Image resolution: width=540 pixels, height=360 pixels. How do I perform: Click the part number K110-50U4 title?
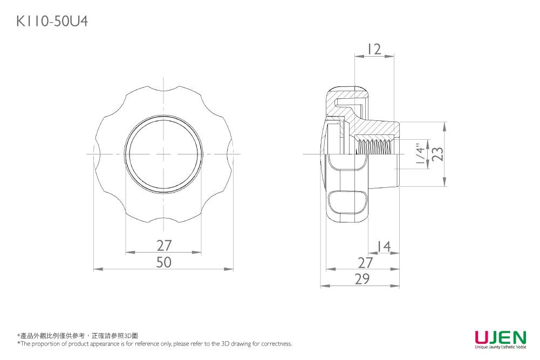pyautogui.click(x=52, y=21)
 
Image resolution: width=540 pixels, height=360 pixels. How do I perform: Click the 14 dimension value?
pyautogui.click(x=383, y=247)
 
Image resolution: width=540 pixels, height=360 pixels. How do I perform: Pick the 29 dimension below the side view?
pyautogui.click(x=362, y=279)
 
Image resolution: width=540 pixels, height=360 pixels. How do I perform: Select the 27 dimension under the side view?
pyautogui.click(x=366, y=263)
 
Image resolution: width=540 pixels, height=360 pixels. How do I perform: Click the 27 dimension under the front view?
pyautogui.click(x=164, y=246)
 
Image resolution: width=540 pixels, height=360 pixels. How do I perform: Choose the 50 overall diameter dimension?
pyautogui.click(x=164, y=262)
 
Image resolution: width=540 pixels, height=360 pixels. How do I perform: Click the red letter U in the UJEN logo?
pyautogui.click(x=482, y=337)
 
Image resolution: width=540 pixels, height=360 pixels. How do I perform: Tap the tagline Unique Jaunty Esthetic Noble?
pyautogui.click(x=500, y=348)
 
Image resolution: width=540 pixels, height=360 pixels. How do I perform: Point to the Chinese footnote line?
pyautogui.click(x=78, y=336)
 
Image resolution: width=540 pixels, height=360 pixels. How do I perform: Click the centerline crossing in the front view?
pyautogui.click(x=164, y=154)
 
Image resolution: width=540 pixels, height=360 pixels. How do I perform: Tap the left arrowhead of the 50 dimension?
pyautogui.click(x=96, y=269)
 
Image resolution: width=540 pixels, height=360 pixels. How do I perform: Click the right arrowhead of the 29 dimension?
pyautogui.click(x=397, y=286)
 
